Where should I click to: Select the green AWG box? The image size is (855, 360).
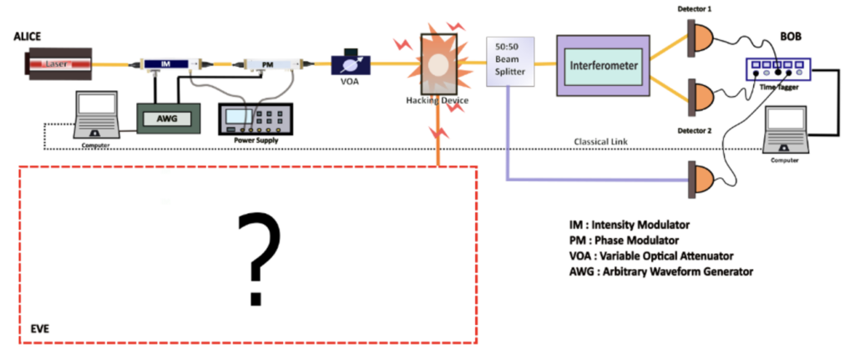point(169,119)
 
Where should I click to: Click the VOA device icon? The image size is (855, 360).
point(347,63)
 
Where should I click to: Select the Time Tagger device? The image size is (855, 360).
point(772,70)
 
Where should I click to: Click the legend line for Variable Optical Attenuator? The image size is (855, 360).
point(654,256)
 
